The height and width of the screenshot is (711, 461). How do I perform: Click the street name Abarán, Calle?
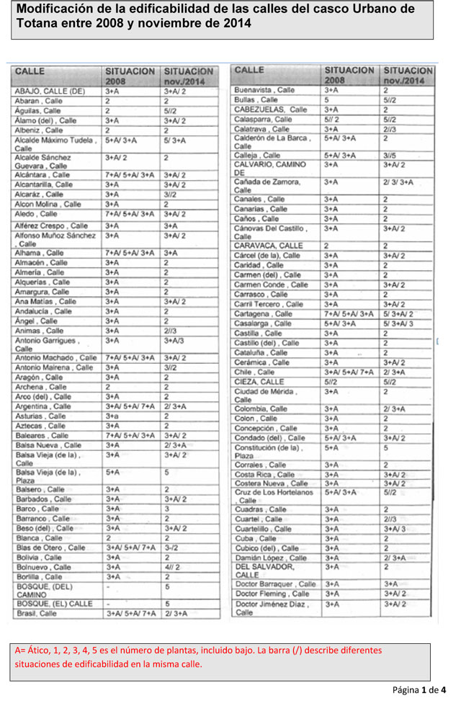coord(38,102)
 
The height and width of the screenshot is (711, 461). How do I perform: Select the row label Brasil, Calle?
coord(36,614)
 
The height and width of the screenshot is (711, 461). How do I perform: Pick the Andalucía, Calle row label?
coord(43,311)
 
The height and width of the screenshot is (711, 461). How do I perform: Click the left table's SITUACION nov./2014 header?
coord(189,76)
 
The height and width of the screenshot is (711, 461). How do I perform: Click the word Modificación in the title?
coord(54,9)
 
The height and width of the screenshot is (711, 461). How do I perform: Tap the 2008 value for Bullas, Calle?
coord(326,99)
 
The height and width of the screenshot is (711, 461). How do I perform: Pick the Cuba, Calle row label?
coord(255,539)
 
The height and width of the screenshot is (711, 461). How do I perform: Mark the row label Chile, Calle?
coord(254,372)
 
